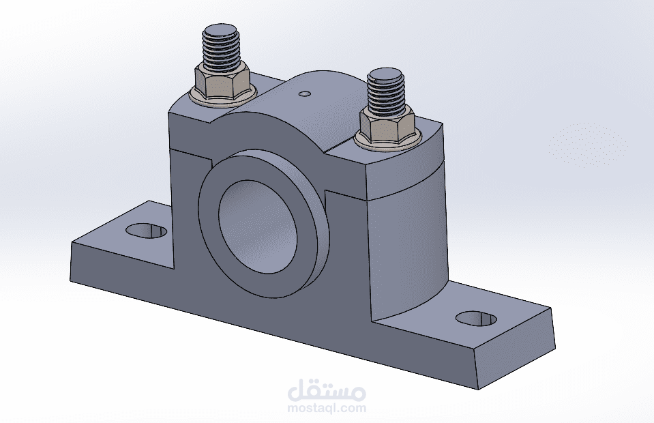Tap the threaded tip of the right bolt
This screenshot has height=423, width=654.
(x=387, y=91)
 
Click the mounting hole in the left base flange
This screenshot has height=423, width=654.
(x=146, y=231)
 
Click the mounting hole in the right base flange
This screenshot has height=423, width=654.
(x=475, y=318)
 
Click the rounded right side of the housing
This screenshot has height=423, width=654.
(x=409, y=252)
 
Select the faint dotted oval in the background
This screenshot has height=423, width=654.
(x=587, y=143)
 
